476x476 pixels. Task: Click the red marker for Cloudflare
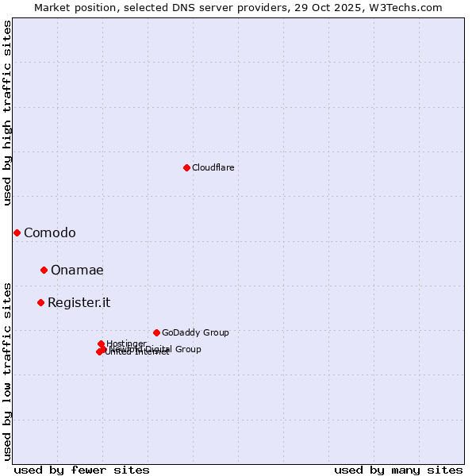(x=186, y=167)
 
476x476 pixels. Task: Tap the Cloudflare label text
(x=213, y=167)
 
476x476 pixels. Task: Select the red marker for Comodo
(x=17, y=232)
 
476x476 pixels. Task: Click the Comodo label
(x=49, y=232)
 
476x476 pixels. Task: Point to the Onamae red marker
(x=44, y=270)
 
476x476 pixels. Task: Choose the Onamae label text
(x=77, y=270)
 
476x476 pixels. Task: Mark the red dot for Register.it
(x=40, y=302)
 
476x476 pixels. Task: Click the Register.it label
(x=79, y=302)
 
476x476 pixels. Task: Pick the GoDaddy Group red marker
(x=156, y=332)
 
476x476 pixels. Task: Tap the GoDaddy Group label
(x=195, y=332)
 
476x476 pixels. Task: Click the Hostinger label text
(x=126, y=344)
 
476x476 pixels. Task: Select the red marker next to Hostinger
(x=101, y=344)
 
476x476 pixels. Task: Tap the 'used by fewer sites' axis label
(x=82, y=470)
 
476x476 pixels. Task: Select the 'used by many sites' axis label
(x=398, y=470)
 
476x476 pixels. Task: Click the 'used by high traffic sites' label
(x=7, y=113)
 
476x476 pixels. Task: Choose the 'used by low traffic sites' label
(x=7, y=371)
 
